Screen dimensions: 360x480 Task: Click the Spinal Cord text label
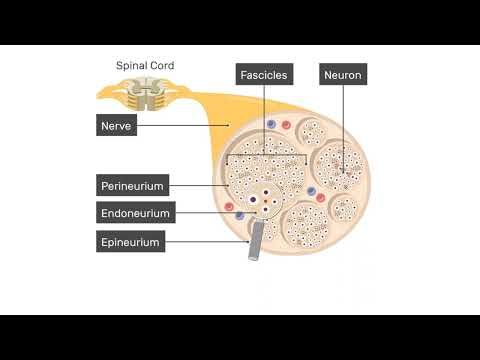[x=146, y=66]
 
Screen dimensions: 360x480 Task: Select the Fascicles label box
[x=264, y=74]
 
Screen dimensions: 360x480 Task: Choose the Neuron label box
[x=343, y=74]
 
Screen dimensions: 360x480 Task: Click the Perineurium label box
[x=132, y=185]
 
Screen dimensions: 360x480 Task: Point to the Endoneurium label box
[x=136, y=213]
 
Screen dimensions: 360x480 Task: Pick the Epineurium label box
[x=130, y=241]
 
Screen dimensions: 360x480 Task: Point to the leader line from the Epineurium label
[x=205, y=241]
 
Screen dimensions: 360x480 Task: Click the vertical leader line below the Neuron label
[x=343, y=120]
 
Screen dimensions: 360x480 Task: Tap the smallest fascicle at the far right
[x=345, y=208]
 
